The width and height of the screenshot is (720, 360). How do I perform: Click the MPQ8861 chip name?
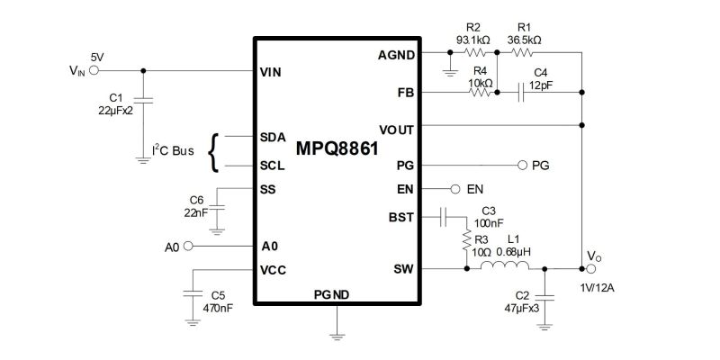(x=337, y=148)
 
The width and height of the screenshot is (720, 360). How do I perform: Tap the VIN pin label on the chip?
(x=270, y=73)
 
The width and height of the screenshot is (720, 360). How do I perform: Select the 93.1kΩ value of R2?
(x=474, y=40)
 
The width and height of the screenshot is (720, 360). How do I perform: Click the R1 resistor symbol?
(x=522, y=53)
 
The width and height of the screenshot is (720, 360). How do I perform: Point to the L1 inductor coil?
(x=505, y=265)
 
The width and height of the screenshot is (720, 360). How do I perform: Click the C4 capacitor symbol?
(x=521, y=93)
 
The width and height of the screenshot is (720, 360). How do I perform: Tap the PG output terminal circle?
(x=522, y=166)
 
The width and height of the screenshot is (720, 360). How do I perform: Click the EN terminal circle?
(x=455, y=189)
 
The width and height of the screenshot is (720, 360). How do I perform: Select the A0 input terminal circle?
(x=188, y=247)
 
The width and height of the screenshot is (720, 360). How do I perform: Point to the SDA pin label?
(x=273, y=138)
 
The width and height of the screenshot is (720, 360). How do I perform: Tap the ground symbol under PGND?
(x=337, y=337)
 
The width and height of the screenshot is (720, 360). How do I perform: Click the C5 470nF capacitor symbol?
(x=193, y=293)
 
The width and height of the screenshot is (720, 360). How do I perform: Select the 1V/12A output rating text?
(x=597, y=288)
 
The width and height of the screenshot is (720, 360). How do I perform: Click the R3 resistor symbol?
(x=466, y=240)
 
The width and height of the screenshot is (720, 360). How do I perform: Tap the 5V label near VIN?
(x=97, y=58)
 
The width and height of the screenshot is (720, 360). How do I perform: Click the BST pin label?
(x=400, y=217)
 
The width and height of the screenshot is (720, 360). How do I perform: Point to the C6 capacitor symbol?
(x=217, y=209)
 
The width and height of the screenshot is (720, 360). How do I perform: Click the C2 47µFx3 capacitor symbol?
(x=544, y=299)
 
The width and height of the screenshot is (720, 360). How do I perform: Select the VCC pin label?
(x=273, y=271)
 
